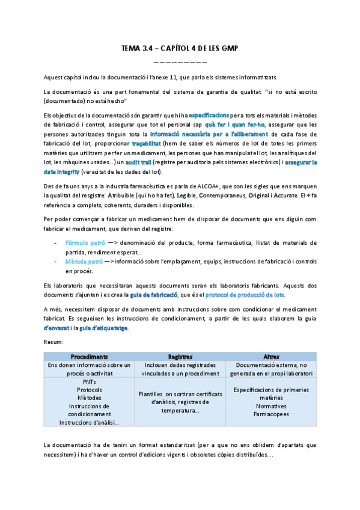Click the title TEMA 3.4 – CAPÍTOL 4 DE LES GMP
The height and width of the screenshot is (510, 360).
180,51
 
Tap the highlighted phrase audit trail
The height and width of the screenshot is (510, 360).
142,162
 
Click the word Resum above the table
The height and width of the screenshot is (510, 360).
53,342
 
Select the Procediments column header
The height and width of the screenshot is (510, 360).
89,356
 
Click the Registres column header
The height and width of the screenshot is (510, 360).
180,356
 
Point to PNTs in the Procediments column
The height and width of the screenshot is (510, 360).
89,381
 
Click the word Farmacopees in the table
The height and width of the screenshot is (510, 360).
270,414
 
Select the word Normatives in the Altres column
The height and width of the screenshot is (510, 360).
270,405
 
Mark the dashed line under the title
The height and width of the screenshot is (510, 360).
180,63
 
